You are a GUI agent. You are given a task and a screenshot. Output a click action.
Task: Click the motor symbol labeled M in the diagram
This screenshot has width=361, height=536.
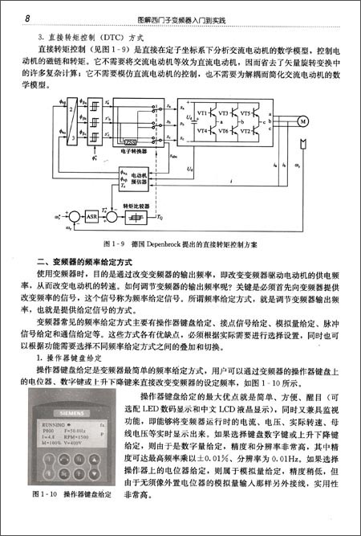tap(302, 121)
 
